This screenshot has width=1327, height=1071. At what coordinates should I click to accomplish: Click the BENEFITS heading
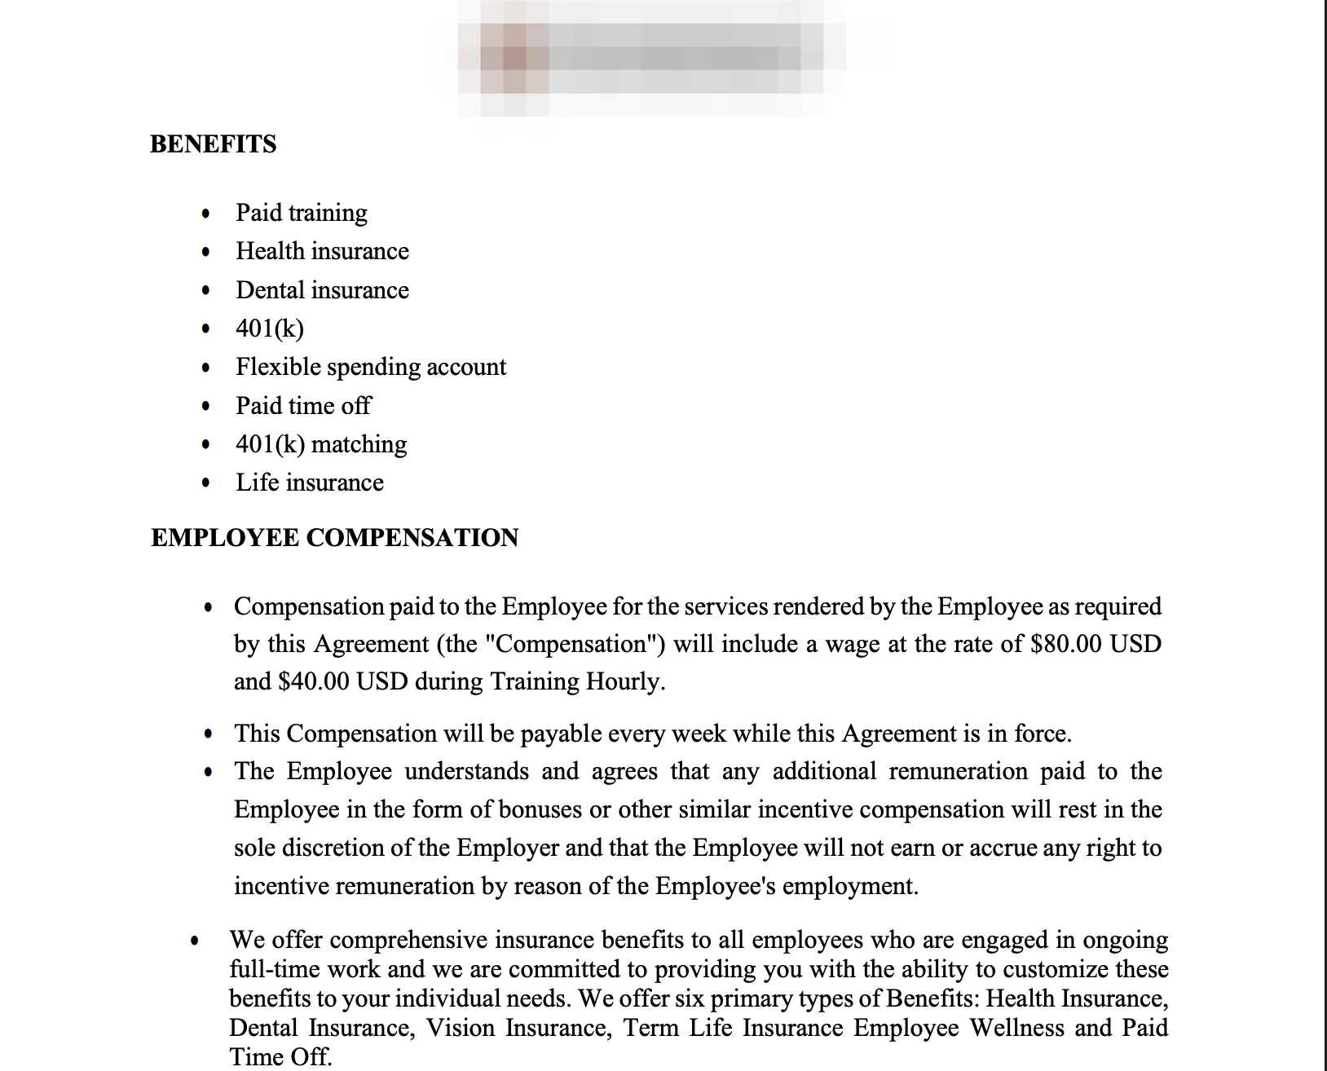click(x=213, y=144)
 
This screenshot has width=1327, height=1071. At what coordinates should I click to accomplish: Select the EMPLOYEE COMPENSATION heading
click(x=334, y=538)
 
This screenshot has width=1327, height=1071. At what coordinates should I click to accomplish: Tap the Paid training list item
click(x=302, y=213)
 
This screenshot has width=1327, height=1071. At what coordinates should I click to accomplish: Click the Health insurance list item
click(x=322, y=251)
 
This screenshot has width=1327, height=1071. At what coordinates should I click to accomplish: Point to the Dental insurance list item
click(x=322, y=290)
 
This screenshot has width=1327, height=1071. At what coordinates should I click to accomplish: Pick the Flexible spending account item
click(x=371, y=367)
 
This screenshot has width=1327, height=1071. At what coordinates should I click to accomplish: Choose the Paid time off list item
click(x=303, y=406)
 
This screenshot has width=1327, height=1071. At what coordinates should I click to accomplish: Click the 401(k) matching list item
click(x=321, y=444)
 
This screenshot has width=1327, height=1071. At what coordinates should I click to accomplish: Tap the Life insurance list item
click(x=310, y=483)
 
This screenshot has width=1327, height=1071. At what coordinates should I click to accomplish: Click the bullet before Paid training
click(x=206, y=214)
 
